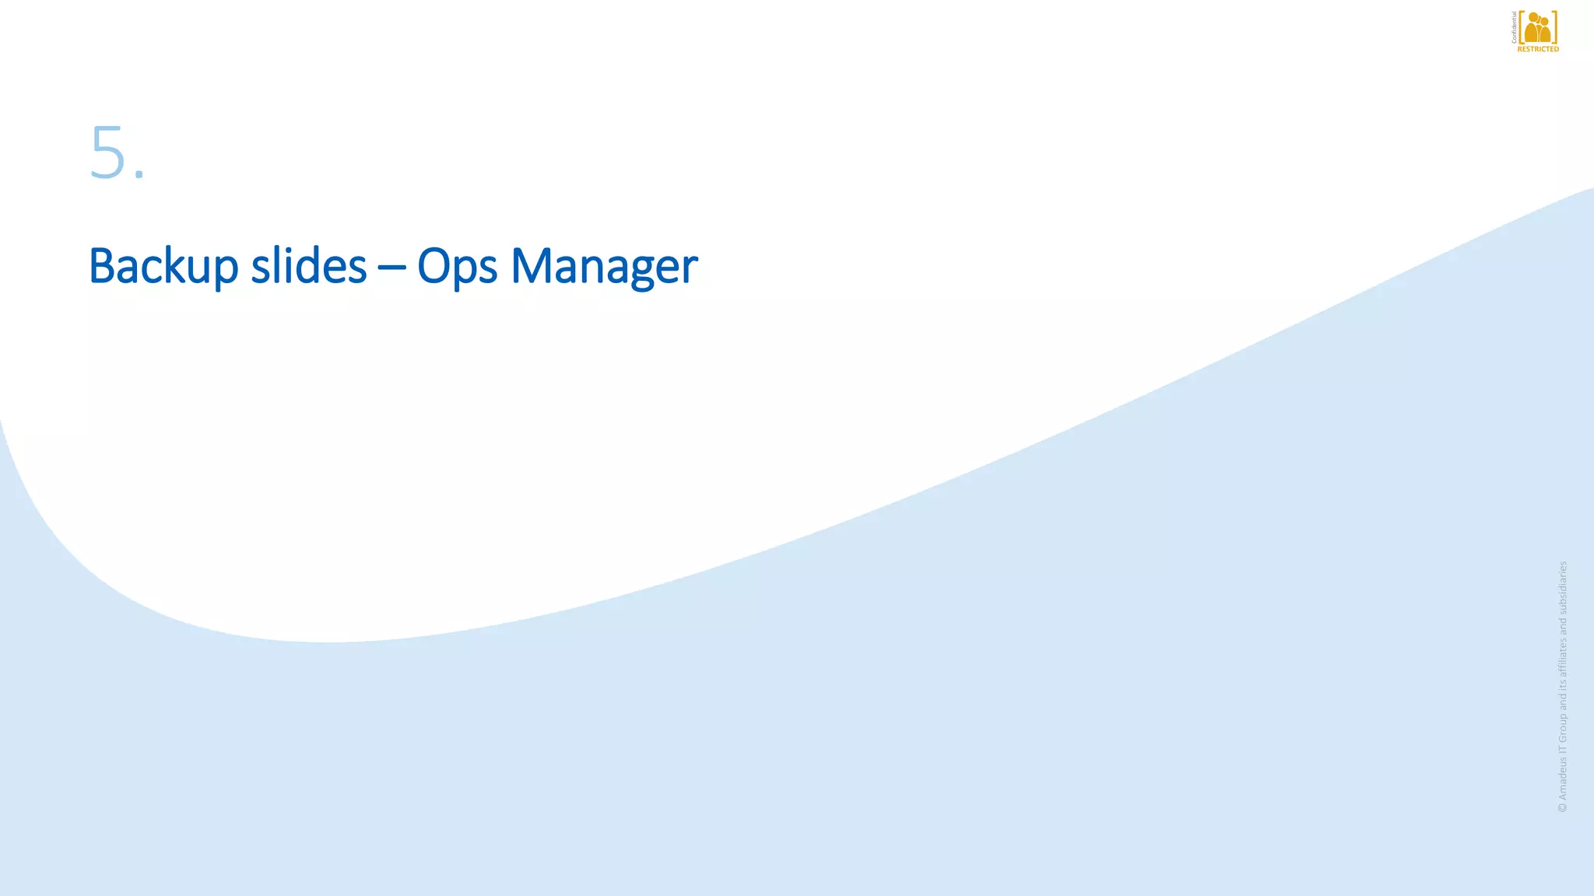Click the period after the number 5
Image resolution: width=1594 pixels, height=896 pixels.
139,175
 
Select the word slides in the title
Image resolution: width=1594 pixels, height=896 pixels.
308,266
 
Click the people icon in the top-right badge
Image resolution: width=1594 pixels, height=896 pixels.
1538,28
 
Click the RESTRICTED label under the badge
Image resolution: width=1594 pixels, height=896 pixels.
1538,49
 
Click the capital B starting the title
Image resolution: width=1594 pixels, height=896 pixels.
101,266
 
